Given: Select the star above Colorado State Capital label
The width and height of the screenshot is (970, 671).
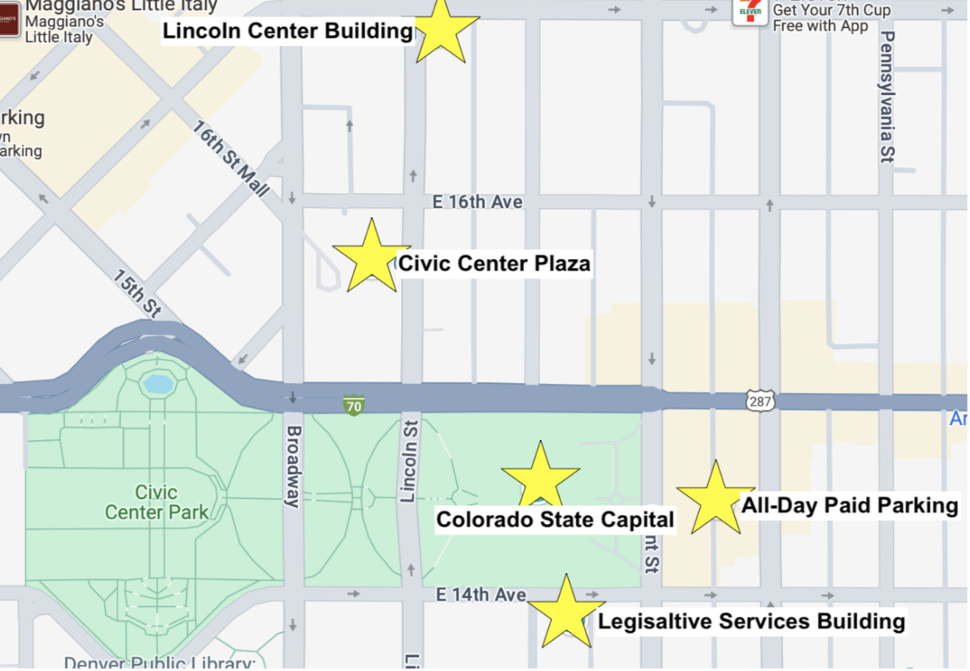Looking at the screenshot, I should [x=540, y=476].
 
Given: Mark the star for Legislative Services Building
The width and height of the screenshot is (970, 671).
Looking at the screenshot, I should [x=566, y=613].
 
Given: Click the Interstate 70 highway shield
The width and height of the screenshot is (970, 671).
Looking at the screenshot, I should [x=354, y=405].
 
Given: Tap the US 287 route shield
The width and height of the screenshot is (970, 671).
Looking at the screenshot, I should [x=760, y=401].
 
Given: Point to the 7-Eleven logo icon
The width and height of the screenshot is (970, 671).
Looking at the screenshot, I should [x=750, y=11].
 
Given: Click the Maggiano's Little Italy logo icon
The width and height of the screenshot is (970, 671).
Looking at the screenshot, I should [x=9, y=19].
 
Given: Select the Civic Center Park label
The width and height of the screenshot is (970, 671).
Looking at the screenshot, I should [x=156, y=502].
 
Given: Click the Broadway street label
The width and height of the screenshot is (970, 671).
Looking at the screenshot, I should [x=293, y=466].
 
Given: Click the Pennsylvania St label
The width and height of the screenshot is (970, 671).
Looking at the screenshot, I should [x=887, y=97].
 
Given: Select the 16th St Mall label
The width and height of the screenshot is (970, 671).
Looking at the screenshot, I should [x=230, y=159].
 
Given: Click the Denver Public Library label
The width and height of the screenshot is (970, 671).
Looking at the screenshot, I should [x=160, y=663].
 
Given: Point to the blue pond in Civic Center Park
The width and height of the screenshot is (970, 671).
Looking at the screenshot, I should [x=157, y=384].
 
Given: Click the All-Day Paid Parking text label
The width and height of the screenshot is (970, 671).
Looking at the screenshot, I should [x=849, y=505].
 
